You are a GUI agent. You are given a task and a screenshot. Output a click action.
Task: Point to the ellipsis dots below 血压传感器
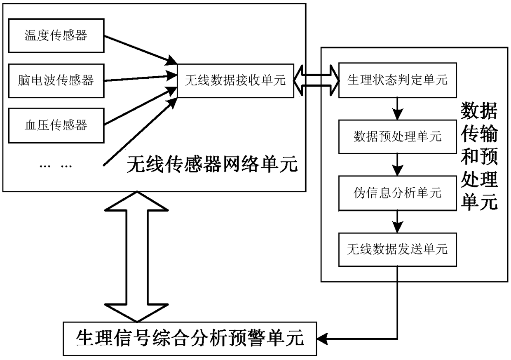[55, 166]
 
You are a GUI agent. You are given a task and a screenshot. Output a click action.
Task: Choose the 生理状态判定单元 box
[397, 80]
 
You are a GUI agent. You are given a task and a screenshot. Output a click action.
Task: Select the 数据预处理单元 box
[397, 136]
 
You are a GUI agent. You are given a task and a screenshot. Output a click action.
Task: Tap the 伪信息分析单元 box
[397, 193]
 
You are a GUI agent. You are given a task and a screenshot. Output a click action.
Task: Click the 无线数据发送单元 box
[397, 249]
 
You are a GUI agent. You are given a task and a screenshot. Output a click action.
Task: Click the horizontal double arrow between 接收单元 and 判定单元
[316, 81]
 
